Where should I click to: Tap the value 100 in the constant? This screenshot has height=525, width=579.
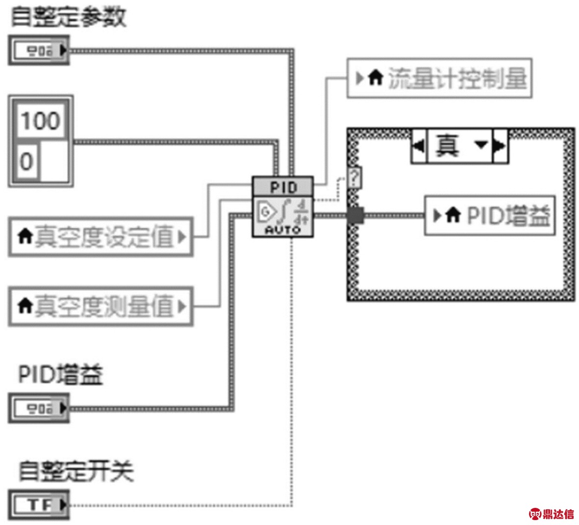pos(40,120)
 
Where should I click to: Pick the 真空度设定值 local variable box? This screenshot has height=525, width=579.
pos(101,238)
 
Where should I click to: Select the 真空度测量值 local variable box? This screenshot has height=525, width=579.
pos(101,307)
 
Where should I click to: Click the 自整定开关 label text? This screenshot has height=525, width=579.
pos(76,472)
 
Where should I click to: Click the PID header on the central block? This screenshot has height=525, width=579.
pos(283,187)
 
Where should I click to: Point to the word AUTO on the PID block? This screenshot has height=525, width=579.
pos(283,229)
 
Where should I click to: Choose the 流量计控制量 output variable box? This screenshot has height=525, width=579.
pos(439,78)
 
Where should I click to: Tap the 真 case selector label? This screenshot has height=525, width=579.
pos(447,146)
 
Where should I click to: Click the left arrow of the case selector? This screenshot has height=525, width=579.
pos(419,146)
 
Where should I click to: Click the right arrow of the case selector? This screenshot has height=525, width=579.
pos(500,146)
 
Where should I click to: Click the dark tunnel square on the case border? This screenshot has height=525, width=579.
pos(355,216)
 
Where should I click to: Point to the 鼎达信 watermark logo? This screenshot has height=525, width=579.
pos(551,513)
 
